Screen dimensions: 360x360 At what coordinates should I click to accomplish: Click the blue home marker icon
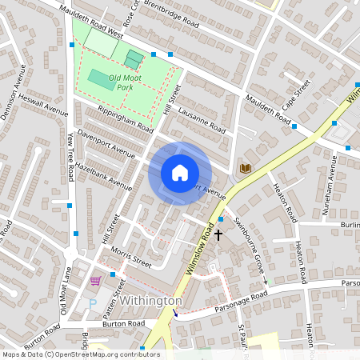click(180, 173)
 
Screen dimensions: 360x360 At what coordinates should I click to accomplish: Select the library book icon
click(246, 168)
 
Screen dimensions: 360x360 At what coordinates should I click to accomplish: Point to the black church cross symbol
click(218, 235)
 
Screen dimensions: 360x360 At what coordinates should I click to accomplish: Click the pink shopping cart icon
click(96, 281)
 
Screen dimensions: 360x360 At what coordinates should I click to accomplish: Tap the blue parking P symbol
click(92, 303)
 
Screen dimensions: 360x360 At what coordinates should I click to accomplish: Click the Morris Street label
click(131, 256)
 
